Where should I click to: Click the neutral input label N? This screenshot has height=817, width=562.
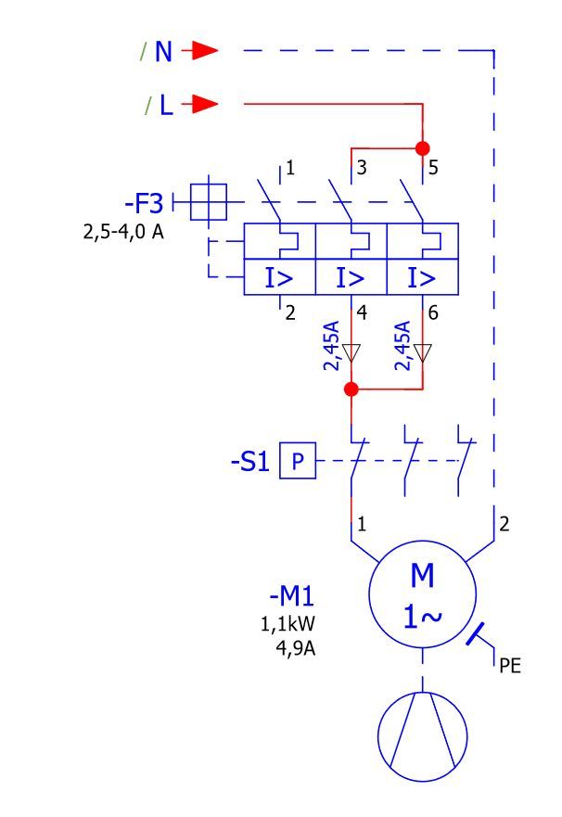pos(163,52)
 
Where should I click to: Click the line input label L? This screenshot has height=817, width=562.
pos(166,105)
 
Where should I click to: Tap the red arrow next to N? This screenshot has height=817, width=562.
pos(199,51)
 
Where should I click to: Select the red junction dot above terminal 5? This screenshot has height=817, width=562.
pos(422,148)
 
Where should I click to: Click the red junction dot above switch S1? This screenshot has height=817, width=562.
pos(351,389)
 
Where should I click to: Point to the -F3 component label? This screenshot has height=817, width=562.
pos(145,203)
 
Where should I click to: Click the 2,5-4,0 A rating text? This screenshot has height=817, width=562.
pos(123,231)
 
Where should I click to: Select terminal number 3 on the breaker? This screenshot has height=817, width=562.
pos(362,167)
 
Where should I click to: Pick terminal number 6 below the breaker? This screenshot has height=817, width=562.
pos(433,313)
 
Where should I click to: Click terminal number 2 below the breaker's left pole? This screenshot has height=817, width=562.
pos(290,313)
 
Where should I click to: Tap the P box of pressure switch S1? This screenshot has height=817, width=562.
pos(298,461)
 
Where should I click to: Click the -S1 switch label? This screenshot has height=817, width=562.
pos(250,462)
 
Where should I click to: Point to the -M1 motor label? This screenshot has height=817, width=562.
pos(292,596)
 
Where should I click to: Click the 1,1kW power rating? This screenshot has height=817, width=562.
pos(288,624)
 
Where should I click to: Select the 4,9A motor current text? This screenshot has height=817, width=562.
pos(295,648)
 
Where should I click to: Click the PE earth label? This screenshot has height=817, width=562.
pos(510,665)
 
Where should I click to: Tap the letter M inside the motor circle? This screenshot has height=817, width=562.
pos(422,575)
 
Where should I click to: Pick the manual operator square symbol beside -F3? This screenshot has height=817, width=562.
pos(209,202)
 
